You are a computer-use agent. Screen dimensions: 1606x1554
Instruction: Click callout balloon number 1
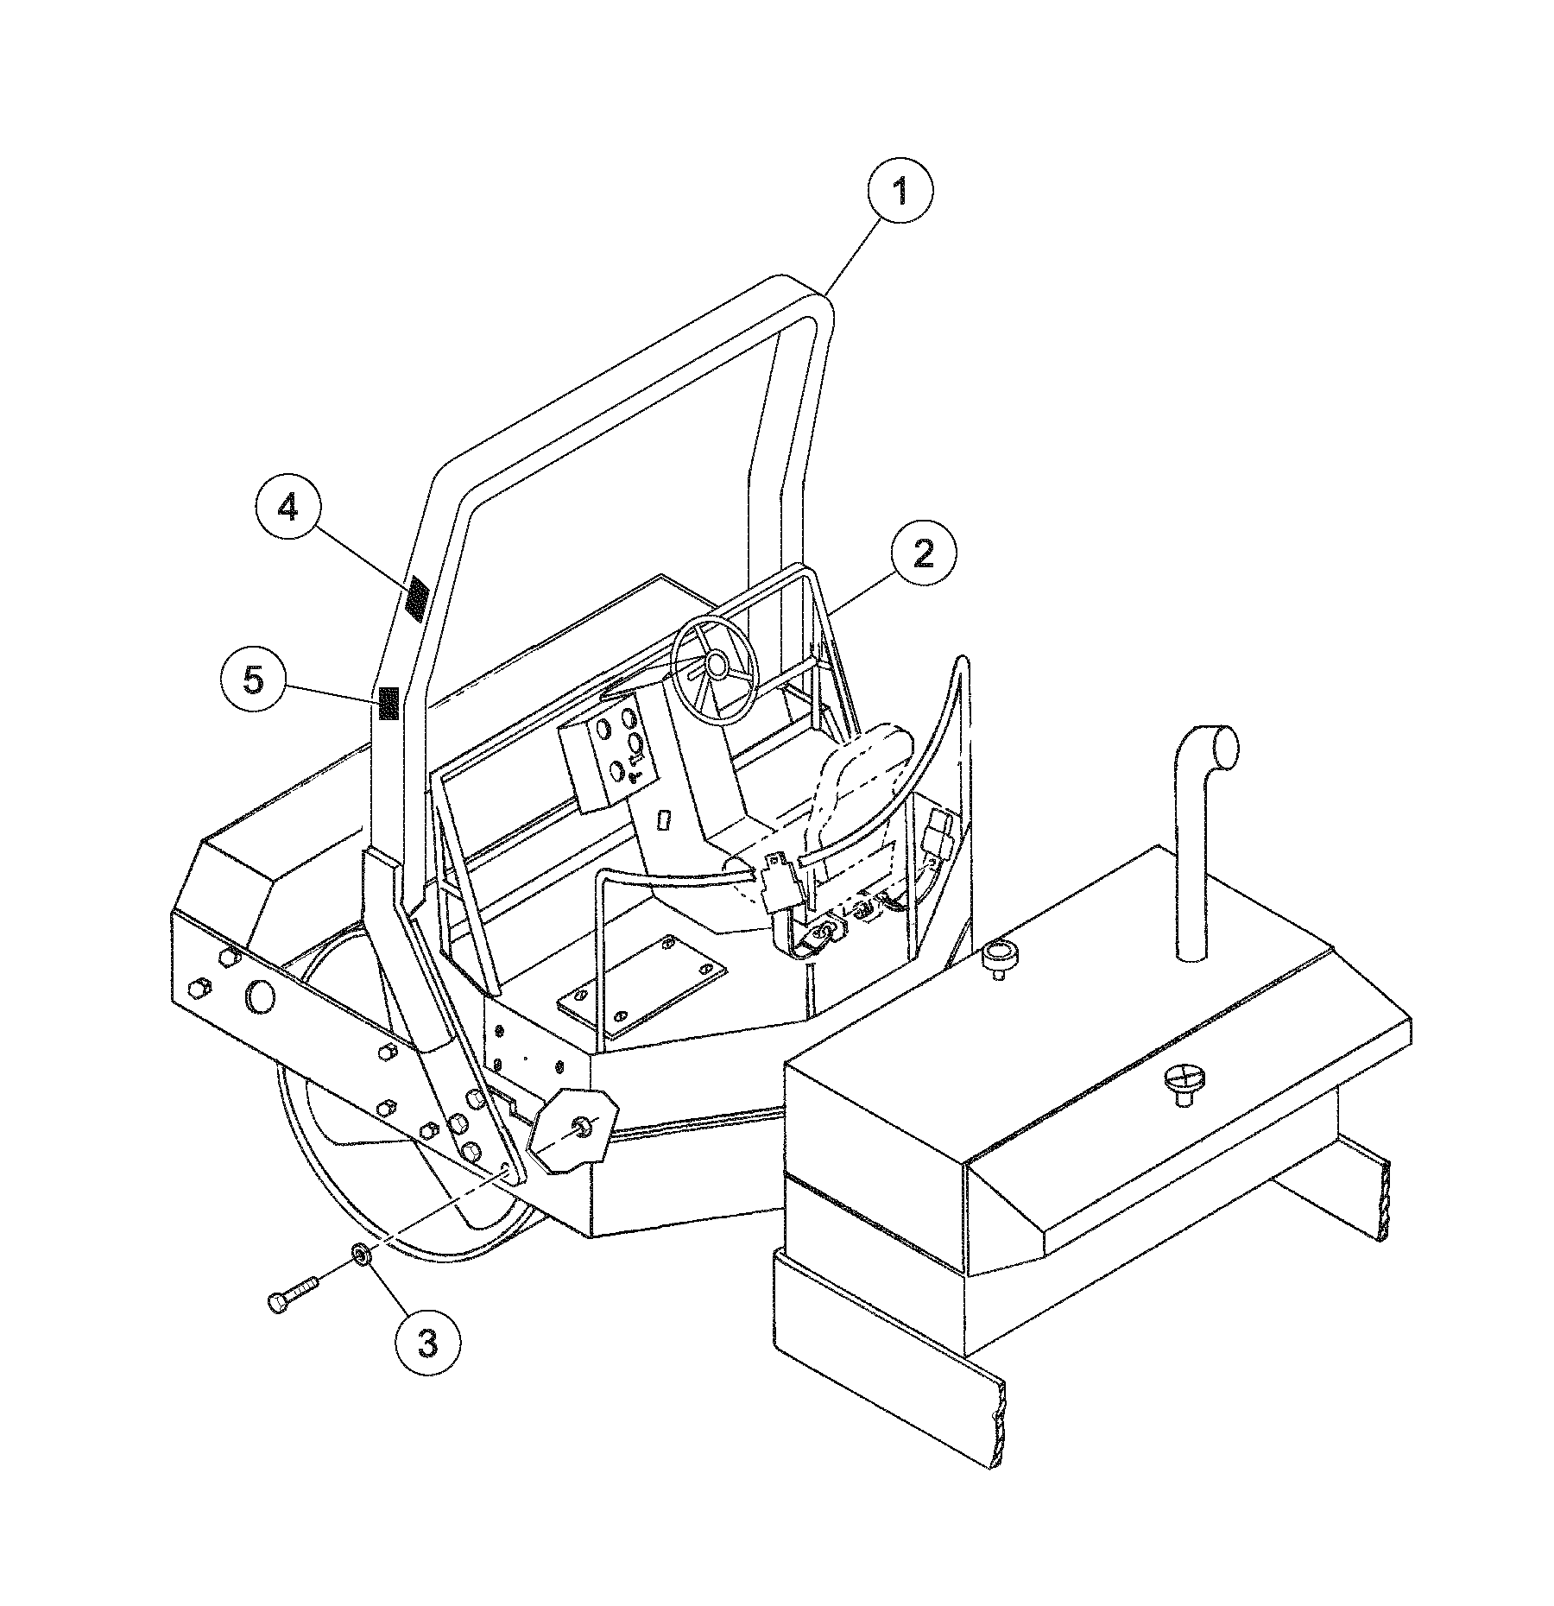tap(900, 192)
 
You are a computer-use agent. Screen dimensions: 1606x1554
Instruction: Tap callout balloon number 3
tap(428, 1344)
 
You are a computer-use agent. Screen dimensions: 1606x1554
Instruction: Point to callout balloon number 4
tap(287, 508)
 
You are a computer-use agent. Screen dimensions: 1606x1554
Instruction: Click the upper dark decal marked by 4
tap(418, 598)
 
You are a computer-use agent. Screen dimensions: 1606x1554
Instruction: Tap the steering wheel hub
tap(715, 663)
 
